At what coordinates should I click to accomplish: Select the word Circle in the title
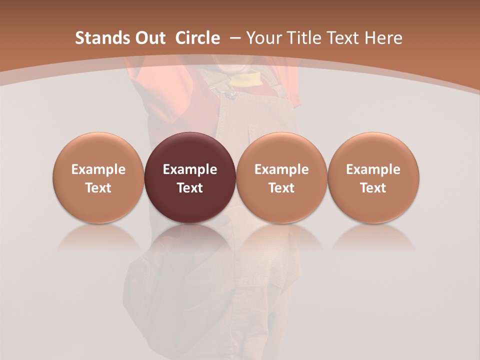(x=197, y=38)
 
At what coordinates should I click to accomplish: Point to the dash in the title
(x=233, y=38)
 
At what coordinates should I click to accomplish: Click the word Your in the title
(x=263, y=38)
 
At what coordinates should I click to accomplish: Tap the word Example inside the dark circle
(x=190, y=169)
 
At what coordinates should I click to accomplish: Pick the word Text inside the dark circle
(x=190, y=188)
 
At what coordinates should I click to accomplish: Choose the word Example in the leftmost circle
(x=98, y=169)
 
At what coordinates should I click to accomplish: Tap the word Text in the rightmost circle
(x=373, y=188)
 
